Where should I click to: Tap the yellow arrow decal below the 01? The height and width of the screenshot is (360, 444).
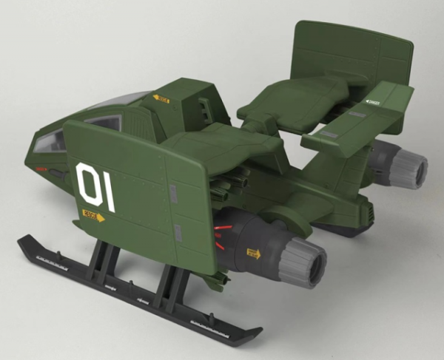[93, 217]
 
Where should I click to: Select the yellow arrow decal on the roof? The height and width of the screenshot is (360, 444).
[161, 98]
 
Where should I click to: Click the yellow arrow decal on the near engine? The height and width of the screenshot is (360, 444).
[254, 254]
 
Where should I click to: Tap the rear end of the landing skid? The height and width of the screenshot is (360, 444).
[248, 333]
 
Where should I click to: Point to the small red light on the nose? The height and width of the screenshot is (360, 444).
[41, 169]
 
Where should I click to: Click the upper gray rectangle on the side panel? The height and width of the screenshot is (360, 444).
[173, 194]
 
